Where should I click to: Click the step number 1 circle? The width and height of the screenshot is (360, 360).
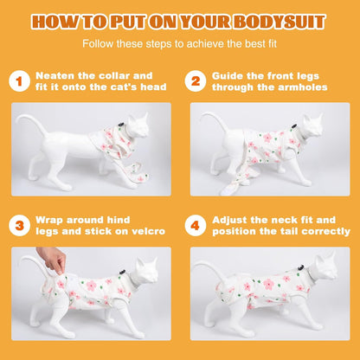(x=19, y=81)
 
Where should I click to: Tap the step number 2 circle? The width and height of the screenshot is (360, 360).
(x=196, y=81)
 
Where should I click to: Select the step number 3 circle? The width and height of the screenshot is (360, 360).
(x=19, y=225)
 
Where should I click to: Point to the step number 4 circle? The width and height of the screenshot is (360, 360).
(x=196, y=225)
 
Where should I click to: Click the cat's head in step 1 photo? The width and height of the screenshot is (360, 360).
(x=138, y=126)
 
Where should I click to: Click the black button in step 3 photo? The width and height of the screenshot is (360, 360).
(x=122, y=272)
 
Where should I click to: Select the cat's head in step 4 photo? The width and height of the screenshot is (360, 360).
(x=325, y=267)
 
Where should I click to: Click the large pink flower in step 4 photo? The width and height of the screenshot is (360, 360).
(x=268, y=284)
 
